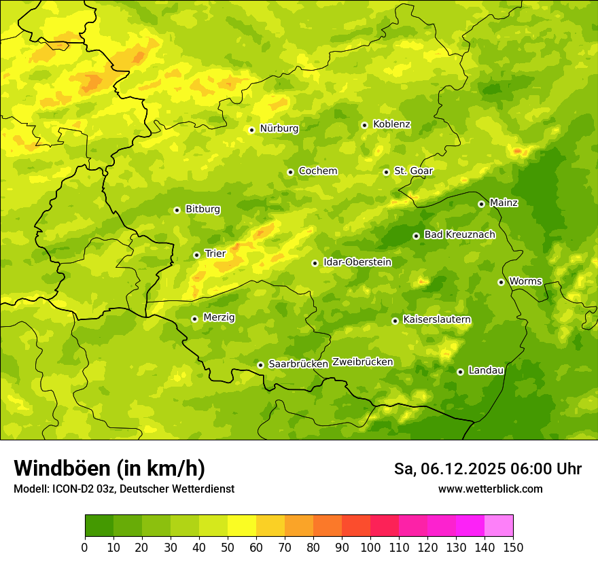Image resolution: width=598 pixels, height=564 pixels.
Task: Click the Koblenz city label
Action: (391, 124)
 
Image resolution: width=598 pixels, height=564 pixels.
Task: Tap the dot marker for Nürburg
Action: (251, 130)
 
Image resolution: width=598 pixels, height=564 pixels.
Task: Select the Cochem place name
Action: (317, 171)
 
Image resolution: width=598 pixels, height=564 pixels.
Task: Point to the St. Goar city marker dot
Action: (386, 172)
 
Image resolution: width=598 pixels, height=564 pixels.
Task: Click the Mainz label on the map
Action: (504, 203)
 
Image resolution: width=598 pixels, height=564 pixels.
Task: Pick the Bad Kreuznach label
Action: (459, 235)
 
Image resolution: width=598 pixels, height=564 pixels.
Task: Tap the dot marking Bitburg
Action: (177, 210)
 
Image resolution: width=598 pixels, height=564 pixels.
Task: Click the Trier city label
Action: (215, 254)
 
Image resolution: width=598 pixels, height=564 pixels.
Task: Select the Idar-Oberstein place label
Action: (357, 262)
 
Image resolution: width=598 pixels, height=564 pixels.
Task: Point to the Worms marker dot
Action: (501, 282)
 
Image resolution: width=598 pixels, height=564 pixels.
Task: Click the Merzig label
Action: (219, 318)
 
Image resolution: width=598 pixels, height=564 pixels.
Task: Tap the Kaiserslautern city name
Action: (436, 320)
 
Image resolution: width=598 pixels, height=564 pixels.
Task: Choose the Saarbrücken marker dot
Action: (260, 365)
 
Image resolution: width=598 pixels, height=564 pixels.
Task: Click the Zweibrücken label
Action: (362, 362)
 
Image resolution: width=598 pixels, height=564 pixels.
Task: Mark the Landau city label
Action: (486, 371)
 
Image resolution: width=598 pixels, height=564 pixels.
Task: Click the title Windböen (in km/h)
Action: (109, 469)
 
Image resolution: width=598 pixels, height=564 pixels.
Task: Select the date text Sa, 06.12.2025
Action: (448, 469)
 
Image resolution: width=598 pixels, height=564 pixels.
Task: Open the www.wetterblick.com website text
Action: (490, 489)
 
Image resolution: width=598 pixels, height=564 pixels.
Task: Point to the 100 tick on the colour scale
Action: (370, 547)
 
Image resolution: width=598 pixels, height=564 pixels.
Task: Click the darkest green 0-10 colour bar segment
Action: (99, 526)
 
